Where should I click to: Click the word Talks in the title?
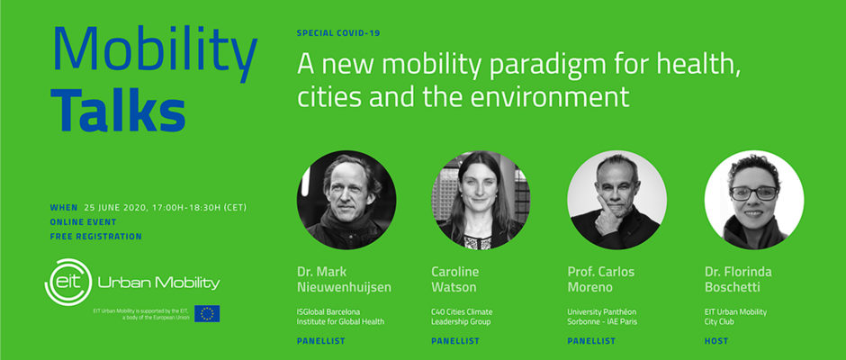(118, 110)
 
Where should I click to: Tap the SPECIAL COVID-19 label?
(338, 33)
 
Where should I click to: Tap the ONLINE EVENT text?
(83, 221)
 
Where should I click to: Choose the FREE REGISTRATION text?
(96, 237)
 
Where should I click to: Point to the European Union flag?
(207, 313)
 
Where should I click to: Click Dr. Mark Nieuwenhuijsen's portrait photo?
(346, 200)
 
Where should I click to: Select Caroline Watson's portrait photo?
(481, 200)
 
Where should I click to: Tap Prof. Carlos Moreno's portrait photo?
(616, 200)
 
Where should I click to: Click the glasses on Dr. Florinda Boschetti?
(753, 193)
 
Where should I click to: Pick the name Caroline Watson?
(454, 279)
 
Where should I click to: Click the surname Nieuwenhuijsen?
(344, 288)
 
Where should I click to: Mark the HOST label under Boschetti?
(716, 341)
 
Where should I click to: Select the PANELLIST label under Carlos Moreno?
(591, 341)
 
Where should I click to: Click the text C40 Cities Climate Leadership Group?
(462, 317)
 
